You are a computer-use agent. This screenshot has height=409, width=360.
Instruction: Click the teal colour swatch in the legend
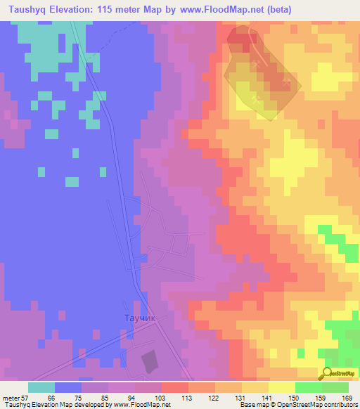(x=41, y=387)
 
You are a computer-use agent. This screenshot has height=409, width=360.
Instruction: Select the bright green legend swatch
(x=309, y=387)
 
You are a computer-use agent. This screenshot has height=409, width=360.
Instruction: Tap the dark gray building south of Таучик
(x=150, y=361)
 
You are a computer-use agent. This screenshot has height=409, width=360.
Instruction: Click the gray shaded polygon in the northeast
(x=262, y=74)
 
